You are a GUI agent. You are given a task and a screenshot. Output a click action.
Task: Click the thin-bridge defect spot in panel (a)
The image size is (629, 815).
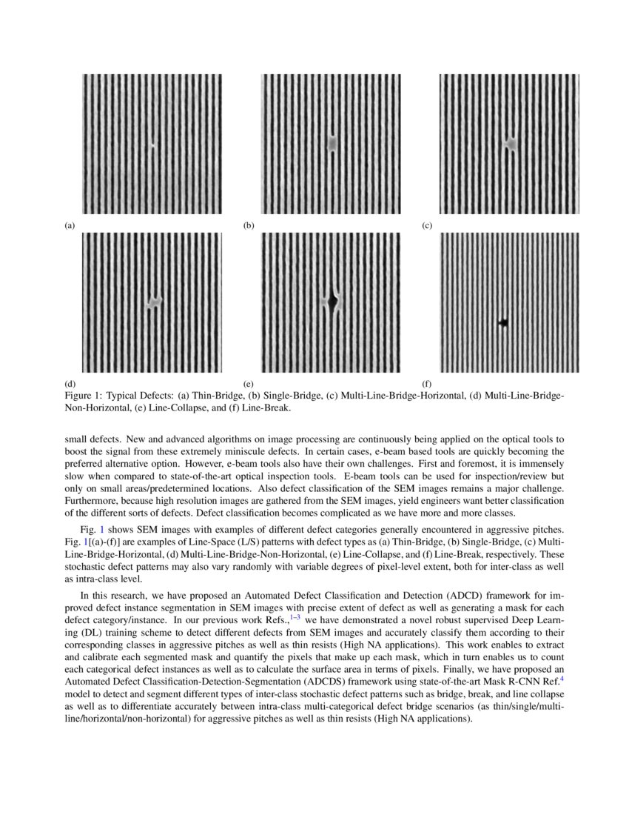point(152,145)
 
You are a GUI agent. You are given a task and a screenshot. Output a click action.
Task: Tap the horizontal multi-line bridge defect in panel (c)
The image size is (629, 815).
point(510,142)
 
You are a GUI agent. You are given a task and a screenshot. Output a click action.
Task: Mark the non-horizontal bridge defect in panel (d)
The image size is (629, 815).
point(154,302)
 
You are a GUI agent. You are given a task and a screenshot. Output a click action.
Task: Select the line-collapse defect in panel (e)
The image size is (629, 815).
point(333,302)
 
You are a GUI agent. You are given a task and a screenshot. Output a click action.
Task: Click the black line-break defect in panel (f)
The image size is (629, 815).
point(503,322)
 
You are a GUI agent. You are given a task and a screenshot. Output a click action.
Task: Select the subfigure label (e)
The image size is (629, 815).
point(249,384)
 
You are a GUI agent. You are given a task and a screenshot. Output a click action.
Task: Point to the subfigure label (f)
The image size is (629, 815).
point(427,384)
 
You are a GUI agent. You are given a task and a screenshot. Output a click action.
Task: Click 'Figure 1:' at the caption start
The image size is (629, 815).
point(83,396)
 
